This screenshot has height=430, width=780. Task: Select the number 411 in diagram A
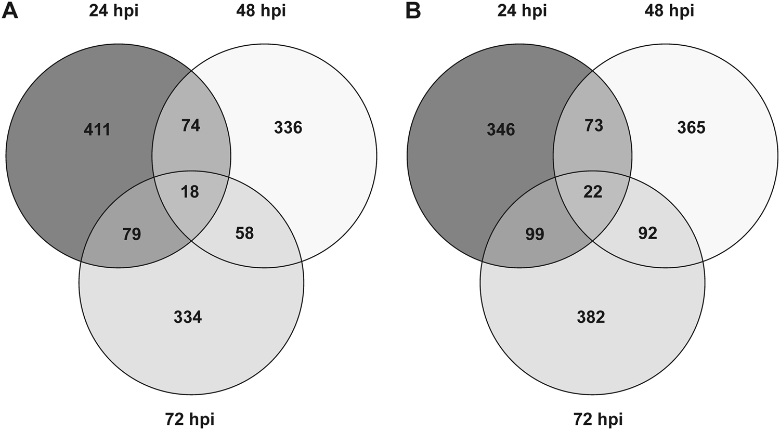coord(97,129)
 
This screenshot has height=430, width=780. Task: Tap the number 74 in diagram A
coord(191,125)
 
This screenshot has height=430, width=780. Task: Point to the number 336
coord(288,127)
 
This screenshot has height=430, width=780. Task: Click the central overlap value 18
coord(190,192)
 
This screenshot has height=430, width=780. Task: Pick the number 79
coord(132,234)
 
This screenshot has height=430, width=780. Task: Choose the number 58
coord(244,233)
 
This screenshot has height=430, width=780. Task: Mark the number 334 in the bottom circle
coord(188,317)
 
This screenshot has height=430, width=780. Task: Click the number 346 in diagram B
coord(501,129)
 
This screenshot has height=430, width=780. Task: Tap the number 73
coord(594,125)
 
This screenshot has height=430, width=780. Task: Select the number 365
coord(692,127)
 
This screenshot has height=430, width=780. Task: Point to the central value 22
coord(593,192)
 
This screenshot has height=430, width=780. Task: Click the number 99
coord(535,234)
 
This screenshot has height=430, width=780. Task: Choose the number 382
coord(591,317)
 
